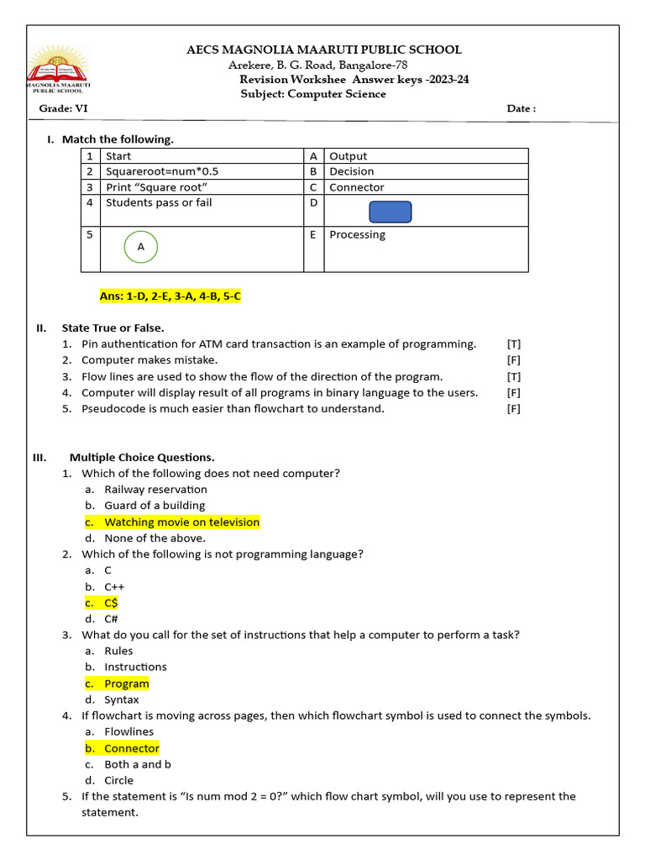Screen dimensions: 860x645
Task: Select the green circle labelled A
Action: pos(141,247)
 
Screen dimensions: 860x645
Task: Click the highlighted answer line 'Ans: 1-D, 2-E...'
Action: pos(170,296)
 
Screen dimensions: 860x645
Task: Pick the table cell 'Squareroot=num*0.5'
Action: pos(156,171)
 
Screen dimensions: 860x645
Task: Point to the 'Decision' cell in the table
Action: pos(352,171)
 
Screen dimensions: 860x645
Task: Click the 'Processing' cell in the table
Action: pos(357,235)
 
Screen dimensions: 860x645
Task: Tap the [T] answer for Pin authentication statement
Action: pos(514,344)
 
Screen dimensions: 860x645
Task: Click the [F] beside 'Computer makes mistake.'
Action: pos(514,360)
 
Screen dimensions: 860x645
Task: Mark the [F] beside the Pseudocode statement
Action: pos(514,409)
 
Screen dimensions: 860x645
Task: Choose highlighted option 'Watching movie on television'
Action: pos(181,522)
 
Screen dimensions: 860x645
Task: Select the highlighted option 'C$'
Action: pos(111,603)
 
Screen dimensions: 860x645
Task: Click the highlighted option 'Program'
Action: pos(126,684)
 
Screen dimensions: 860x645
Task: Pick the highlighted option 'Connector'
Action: pos(131,748)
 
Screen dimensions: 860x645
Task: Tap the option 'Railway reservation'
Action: pos(155,490)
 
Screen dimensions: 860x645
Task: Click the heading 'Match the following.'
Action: pos(118,139)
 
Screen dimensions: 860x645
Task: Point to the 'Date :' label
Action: pos(521,109)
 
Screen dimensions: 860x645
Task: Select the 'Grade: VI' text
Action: pos(63,109)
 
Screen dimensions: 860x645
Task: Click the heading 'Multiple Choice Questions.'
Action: pos(142,458)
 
